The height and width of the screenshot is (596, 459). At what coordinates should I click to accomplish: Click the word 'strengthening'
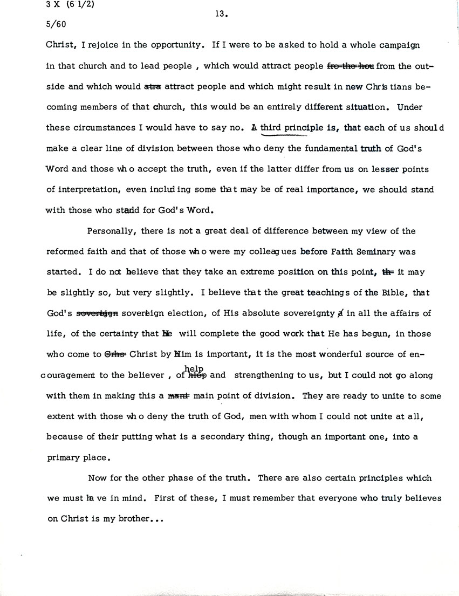[269, 375]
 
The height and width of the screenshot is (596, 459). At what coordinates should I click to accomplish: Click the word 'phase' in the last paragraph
[189, 478]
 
